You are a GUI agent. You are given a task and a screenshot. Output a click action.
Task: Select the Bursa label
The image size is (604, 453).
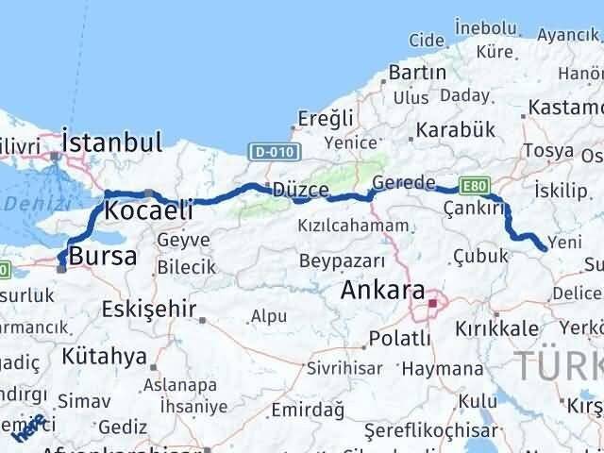tap(103, 256)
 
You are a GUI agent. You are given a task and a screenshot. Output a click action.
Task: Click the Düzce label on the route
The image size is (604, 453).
tap(300, 190)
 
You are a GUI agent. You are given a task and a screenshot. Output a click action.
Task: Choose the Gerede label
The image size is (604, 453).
tap(404, 182)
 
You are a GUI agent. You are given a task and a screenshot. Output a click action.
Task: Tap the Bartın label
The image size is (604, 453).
tap(416, 73)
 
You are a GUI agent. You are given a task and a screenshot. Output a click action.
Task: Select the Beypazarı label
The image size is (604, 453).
tap(342, 260)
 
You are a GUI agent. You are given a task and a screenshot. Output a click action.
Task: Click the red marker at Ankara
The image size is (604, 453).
tap(433, 303)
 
